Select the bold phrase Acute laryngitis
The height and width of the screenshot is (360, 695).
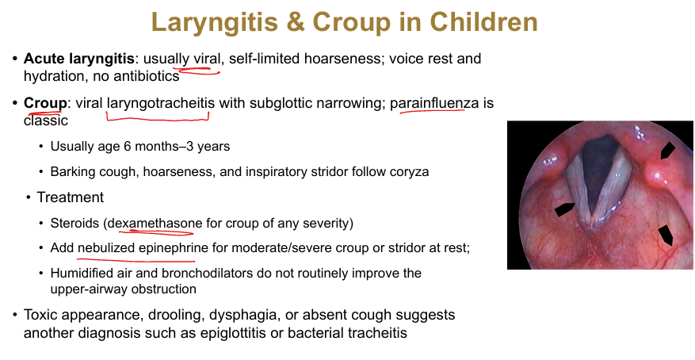coord(79,59)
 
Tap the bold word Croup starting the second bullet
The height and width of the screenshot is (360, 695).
coord(44,103)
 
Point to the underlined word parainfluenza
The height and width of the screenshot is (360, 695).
coord(434,104)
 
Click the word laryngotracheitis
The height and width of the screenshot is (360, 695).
coord(160,104)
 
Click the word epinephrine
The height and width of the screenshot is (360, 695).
coord(174,248)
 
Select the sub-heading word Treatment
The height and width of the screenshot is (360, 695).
coord(71,197)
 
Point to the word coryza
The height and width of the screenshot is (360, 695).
coord(409,172)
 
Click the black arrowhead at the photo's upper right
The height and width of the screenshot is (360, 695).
coord(667,151)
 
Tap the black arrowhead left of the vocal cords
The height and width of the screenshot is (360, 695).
coord(564,209)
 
